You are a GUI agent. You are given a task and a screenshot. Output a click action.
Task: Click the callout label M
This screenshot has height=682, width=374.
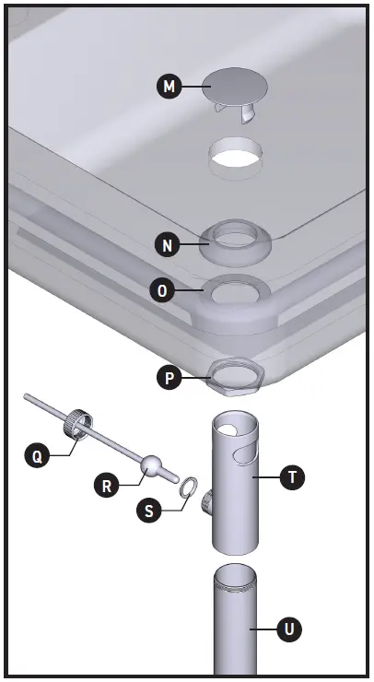pyautogui.click(x=168, y=88)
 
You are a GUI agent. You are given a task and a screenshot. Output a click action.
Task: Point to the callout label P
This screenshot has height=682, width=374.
pyautogui.click(x=167, y=377)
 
